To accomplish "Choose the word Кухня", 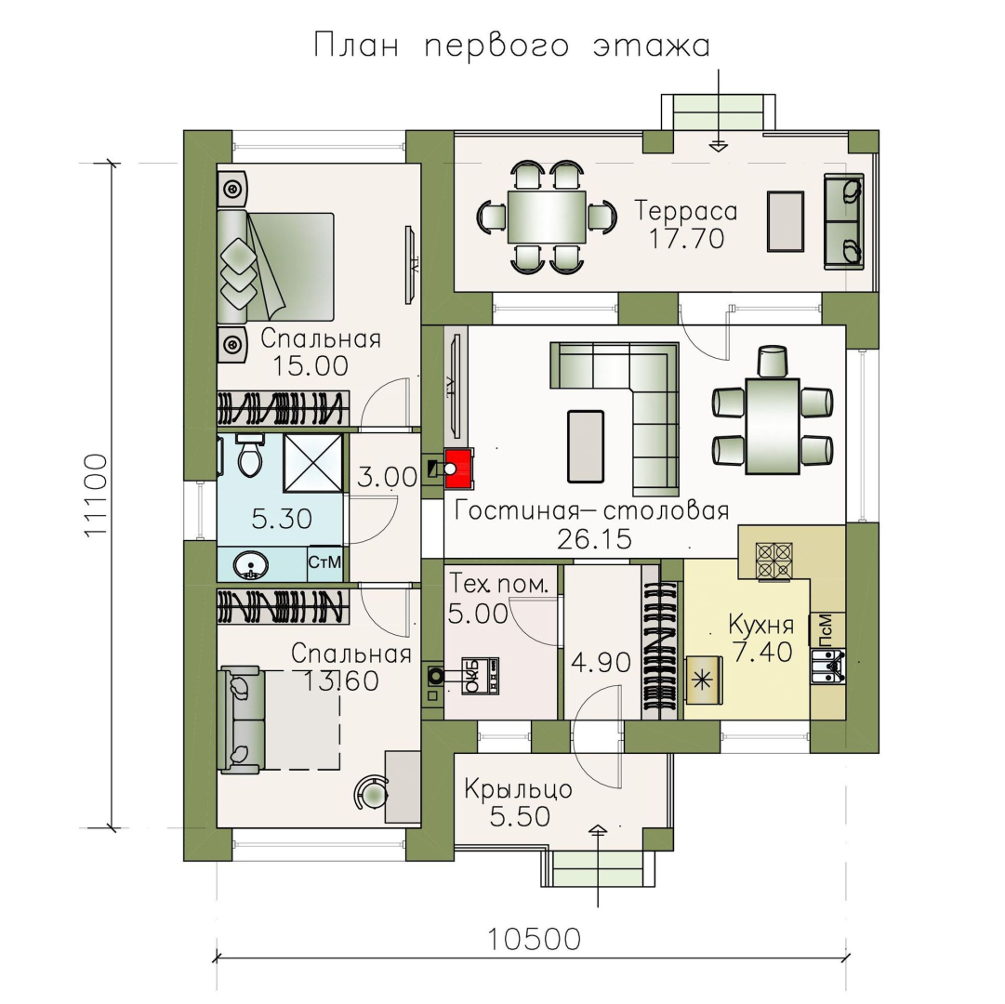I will pyautogui.click(x=760, y=622).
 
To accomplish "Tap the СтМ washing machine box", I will pyautogui.click(x=324, y=563).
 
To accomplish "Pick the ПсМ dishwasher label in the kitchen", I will pyautogui.click(x=826, y=629).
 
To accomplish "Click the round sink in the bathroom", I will pyautogui.click(x=251, y=563).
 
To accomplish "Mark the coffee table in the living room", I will pyautogui.click(x=586, y=446).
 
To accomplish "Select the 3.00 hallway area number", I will pyautogui.click(x=387, y=478).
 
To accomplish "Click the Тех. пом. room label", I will pyautogui.click(x=505, y=583).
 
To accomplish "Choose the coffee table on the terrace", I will pyautogui.click(x=786, y=221).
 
